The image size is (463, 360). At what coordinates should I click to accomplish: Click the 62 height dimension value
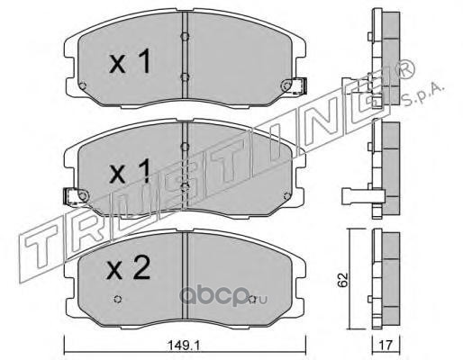pos(342,280)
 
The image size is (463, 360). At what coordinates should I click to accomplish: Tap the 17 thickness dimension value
pos(386,346)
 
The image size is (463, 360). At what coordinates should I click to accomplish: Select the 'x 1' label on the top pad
pos(130,61)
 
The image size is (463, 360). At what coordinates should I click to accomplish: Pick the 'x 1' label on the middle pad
pos(130,171)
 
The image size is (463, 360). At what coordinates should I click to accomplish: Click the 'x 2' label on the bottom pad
pos(129,268)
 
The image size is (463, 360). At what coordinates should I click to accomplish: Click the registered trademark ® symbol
pos(406,69)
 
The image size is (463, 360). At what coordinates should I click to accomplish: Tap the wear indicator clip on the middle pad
pos(76,196)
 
